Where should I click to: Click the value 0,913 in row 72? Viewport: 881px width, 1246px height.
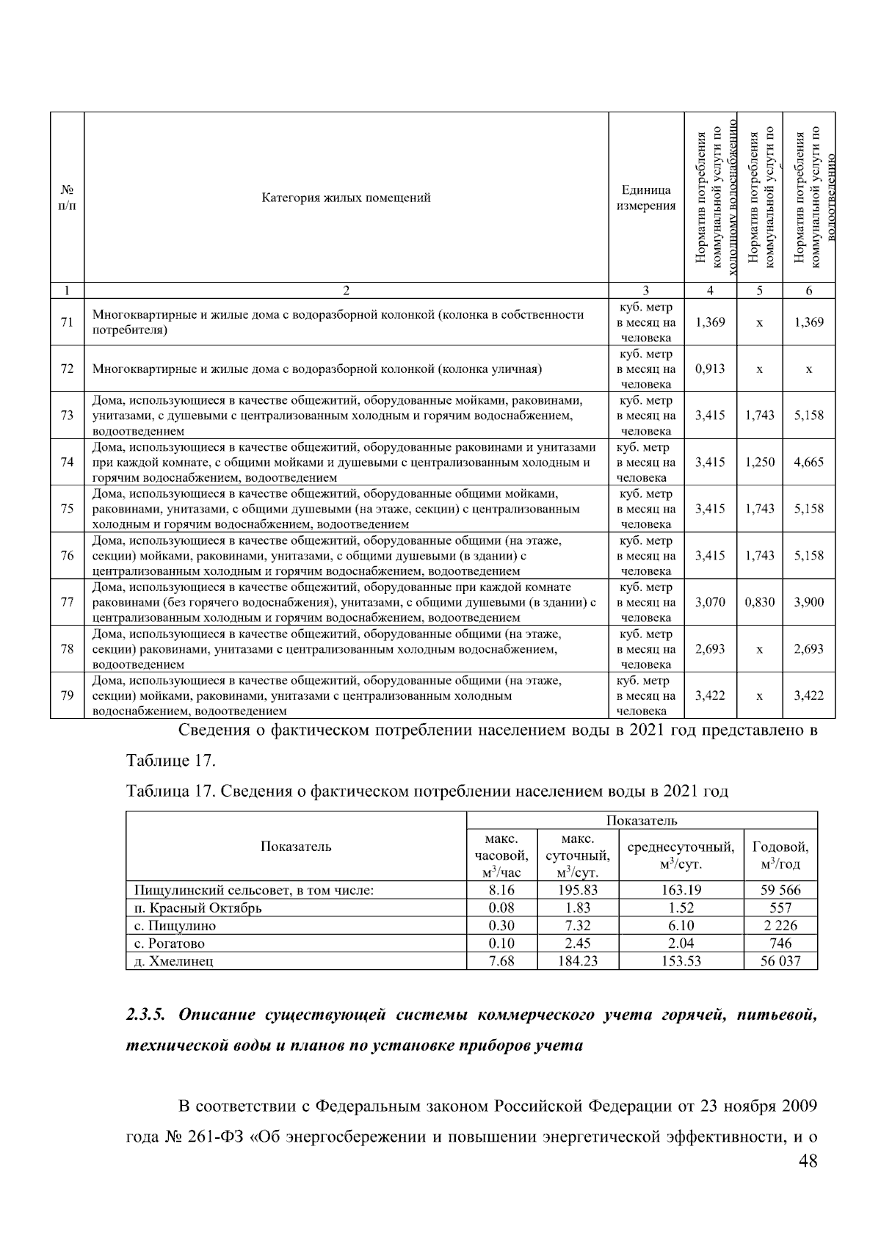tap(709, 369)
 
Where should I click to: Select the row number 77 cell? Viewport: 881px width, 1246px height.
tap(67, 602)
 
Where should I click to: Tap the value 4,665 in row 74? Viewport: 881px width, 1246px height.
tap(808, 462)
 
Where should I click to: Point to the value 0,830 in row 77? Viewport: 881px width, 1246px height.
tap(759, 602)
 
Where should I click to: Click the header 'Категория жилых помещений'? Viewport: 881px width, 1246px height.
tap(346, 198)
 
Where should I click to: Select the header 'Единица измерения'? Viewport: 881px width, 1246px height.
tap(645, 198)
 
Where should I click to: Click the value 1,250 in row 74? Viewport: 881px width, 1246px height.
tap(759, 462)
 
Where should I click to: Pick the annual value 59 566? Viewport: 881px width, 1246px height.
tap(780, 890)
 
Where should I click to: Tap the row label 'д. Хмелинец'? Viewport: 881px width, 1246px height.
tap(174, 961)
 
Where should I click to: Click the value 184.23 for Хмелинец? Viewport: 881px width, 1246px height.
tap(578, 961)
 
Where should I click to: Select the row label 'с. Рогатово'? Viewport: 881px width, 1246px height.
tap(170, 943)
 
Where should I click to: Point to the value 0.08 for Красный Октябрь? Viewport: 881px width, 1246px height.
tap(501, 908)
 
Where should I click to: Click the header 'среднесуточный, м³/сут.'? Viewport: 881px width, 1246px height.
tap(681, 855)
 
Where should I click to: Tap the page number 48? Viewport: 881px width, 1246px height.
tap(808, 1161)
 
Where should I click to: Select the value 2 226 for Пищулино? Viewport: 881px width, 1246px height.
tap(780, 926)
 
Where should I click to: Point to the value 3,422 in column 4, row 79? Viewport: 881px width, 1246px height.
tap(709, 695)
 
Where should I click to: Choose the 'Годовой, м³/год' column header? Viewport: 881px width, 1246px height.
tap(780, 855)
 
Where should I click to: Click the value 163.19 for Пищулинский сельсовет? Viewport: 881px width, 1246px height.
tap(681, 890)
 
